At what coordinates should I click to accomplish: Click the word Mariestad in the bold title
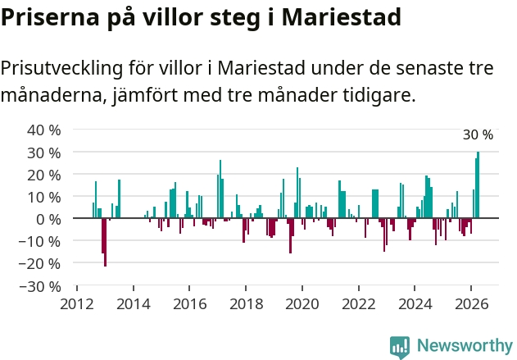click(x=342, y=17)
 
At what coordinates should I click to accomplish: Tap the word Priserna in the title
click(x=50, y=17)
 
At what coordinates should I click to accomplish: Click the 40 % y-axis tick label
click(x=44, y=130)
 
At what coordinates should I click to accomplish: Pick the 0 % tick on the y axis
click(x=48, y=220)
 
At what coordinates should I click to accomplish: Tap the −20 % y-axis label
click(x=39, y=264)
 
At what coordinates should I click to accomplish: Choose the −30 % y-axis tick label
click(x=39, y=286)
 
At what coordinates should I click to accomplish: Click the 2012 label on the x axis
click(x=77, y=304)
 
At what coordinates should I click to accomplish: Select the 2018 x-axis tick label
click(x=247, y=304)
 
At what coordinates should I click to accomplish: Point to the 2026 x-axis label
click(x=471, y=304)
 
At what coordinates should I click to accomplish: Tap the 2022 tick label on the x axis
click(x=359, y=304)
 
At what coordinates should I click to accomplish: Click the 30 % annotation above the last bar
click(x=478, y=134)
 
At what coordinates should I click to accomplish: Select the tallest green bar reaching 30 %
click(x=478, y=185)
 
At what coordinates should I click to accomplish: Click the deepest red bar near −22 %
click(x=106, y=242)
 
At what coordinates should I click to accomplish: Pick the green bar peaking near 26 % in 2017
click(x=220, y=189)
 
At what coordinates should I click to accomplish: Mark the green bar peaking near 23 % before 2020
click(x=297, y=193)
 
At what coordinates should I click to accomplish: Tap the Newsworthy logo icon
click(x=400, y=348)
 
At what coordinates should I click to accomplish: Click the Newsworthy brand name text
click(x=465, y=346)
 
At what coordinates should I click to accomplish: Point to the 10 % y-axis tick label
click(x=44, y=198)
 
